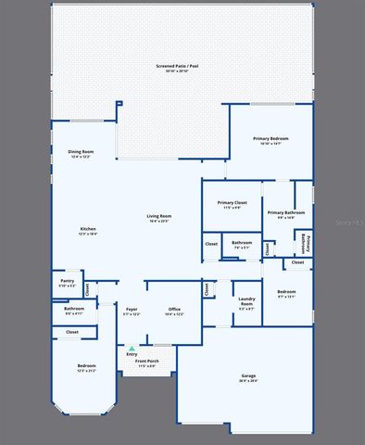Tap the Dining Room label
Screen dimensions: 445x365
coord(81,153)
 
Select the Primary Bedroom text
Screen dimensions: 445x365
coord(271,140)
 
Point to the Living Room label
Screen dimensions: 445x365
coord(159,218)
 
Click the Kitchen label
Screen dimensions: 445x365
coord(87,231)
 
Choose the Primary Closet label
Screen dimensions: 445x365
coord(232,204)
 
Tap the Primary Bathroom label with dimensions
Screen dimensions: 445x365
coord(277,214)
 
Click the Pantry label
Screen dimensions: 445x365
coord(67,283)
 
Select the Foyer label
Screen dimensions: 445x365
coord(132,311)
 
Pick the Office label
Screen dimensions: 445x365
coord(174,311)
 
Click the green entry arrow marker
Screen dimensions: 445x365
coord(132,349)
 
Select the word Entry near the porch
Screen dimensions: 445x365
coord(132,354)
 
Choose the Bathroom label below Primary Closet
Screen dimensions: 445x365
coord(242,244)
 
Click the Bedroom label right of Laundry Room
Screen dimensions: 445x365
coord(286,295)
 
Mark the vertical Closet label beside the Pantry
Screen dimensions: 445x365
coord(88,288)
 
